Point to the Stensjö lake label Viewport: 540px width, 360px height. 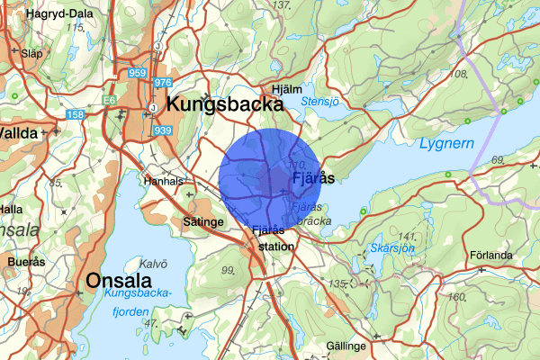coord(319,102)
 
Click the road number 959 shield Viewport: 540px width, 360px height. coord(137,73)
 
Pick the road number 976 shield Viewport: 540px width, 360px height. coord(163,83)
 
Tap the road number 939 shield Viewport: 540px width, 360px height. coord(162,130)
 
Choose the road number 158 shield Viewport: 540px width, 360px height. coord(76,114)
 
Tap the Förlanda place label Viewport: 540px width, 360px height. coord(492,254)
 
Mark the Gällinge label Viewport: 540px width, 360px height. coord(346,346)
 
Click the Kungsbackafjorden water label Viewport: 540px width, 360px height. coord(141,301)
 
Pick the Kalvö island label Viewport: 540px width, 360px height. coord(153,264)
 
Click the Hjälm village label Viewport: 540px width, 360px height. coord(287,89)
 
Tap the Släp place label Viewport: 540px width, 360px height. coord(31,54)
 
